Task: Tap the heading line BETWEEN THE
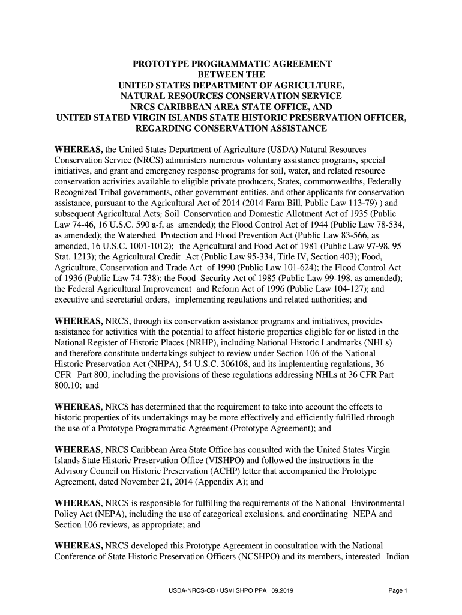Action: tap(231, 75)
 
